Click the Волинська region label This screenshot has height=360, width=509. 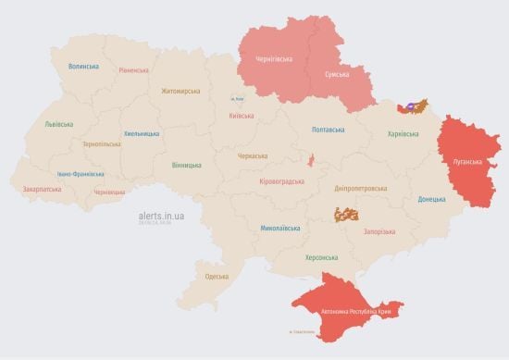click(83, 67)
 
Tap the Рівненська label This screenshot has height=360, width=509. click(134, 70)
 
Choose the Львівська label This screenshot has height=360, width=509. click(60, 123)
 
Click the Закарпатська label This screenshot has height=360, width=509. click(42, 189)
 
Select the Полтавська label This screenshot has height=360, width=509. click(329, 130)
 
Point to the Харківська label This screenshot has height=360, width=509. click(403, 134)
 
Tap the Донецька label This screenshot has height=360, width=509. click(431, 199)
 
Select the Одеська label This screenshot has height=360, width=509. click(217, 277)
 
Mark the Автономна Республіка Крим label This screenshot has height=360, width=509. click(355, 312)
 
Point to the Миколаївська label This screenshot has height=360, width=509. click(279, 227)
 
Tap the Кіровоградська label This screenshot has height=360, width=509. click(281, 181)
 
